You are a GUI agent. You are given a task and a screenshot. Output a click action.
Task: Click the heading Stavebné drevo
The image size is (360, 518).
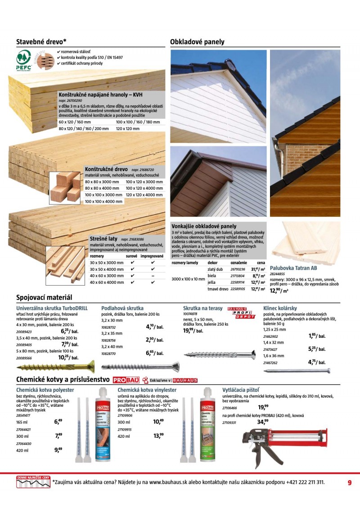tap(41, 42)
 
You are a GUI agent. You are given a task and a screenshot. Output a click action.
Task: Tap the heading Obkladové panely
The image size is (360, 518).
tap(197, 42)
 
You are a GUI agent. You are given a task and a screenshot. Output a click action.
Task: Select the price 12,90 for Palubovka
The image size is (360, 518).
tap(278, 291)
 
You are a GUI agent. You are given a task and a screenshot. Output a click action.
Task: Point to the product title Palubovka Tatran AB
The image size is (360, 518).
tap(293, 268)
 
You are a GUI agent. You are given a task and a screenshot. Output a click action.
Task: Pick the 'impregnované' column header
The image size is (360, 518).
tap(152, 256)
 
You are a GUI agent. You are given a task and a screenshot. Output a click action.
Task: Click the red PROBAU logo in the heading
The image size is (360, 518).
tap(126, 380)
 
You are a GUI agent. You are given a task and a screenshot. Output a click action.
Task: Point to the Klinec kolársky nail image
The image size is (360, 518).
tap(297, 371)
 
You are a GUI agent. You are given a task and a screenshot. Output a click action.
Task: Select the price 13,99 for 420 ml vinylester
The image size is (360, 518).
tap(158, 436)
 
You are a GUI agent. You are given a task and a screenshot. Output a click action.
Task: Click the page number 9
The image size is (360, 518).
tap(350, 482)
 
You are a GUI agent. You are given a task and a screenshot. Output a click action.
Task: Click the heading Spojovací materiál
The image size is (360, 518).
tap(44, 298)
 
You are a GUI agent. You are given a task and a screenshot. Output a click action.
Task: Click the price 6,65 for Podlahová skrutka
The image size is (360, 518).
tap(153, 353)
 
